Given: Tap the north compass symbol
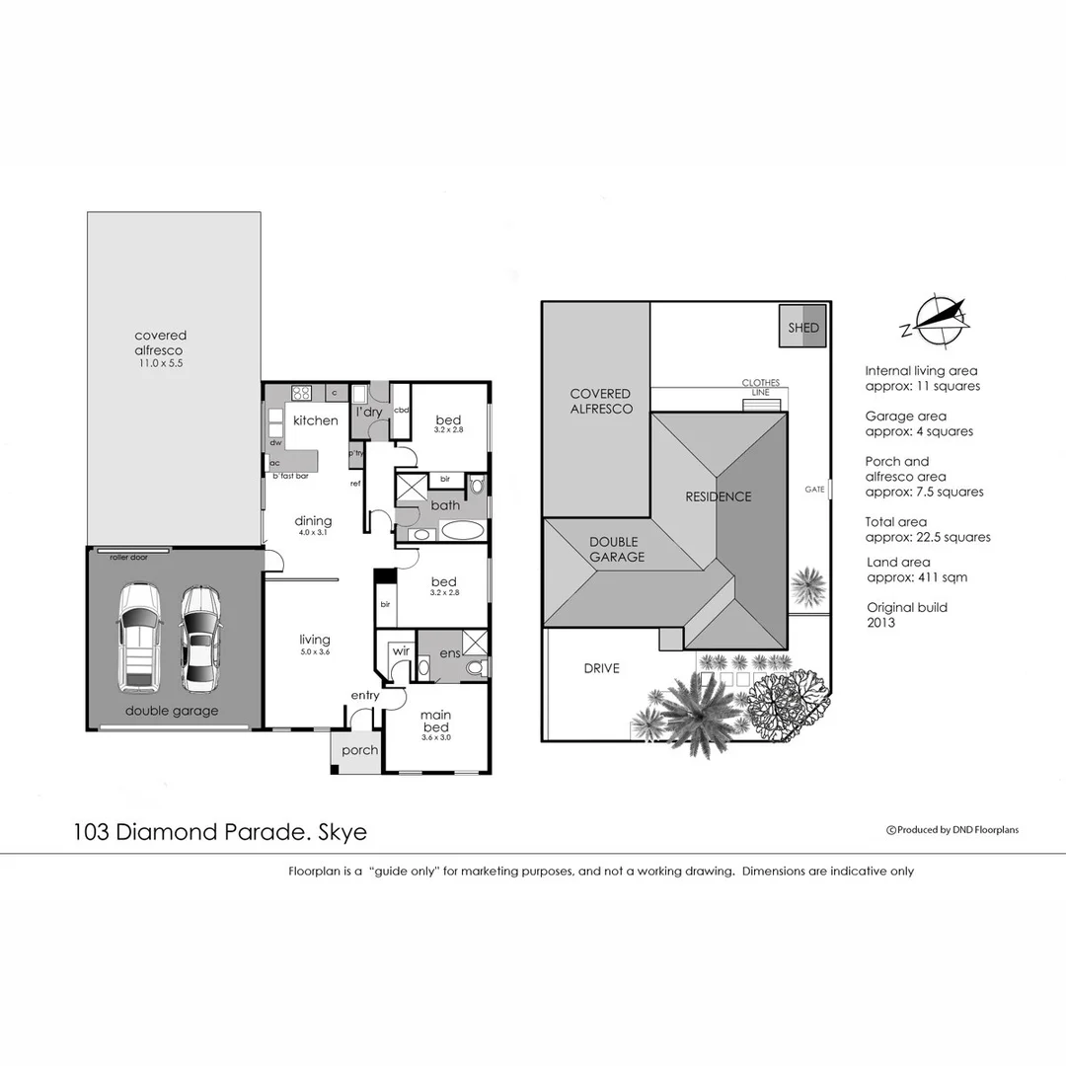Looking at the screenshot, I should [937, 319].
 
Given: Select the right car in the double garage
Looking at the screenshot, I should [200, 638].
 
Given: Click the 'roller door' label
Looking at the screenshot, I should [127, 558].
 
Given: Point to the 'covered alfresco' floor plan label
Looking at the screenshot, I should [160, 343].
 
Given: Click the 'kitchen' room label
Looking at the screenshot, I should [316, 420].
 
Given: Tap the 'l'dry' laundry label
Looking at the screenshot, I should [369, 412].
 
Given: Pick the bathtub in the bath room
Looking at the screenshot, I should [462, 530].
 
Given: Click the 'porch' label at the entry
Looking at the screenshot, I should [359, 750].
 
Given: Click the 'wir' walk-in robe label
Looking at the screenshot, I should [401, 651].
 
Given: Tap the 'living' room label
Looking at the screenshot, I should [315, 640].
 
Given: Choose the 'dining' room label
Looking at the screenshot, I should [313, 521].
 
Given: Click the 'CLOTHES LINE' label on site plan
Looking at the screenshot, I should [761, 388].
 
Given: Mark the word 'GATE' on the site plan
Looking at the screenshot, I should [814, 489].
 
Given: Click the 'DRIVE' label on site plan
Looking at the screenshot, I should [601, 668].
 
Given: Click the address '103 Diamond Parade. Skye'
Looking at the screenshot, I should [219, 832].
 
